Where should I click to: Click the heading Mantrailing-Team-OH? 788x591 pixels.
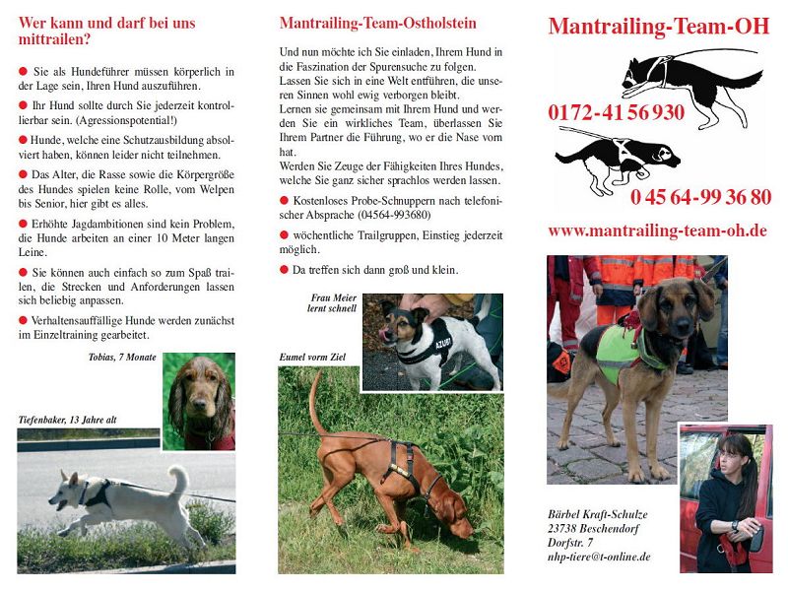click(x=658, y=27)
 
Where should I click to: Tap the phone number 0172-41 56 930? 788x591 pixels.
click(x=616, y=112)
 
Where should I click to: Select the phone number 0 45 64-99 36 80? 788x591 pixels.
click(x=700, y=197)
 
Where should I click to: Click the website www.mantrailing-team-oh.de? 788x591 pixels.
click(x=657, y=231)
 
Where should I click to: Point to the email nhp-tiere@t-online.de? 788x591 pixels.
click(x=599, y=557)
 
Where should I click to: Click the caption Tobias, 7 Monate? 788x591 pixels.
click(x=122, y=358)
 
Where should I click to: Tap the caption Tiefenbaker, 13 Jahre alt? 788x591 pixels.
click(x=68, y=420)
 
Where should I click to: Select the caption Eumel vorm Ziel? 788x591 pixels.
click(x=311, y=357)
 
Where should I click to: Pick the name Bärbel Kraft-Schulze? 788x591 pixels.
click(x=598, y=514)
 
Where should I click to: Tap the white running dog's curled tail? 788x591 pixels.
click(x=178, y=479)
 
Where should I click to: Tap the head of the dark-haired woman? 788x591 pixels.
click(x=733, y=457)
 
